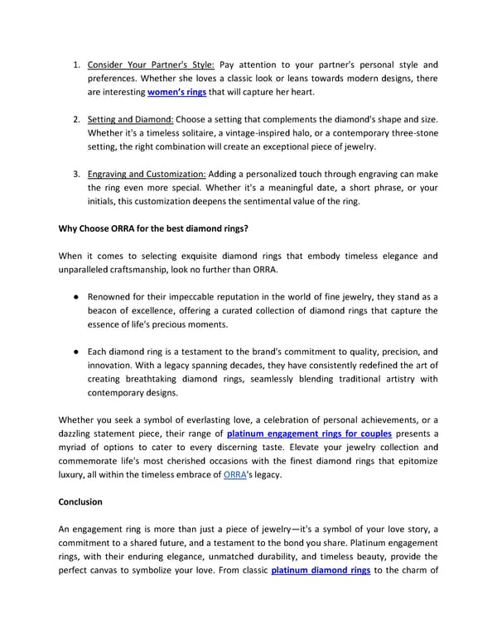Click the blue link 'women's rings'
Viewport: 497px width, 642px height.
pos(176,92)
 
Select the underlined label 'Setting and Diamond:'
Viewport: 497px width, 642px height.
pos(129,119)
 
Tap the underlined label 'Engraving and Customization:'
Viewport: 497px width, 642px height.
pos(147,175)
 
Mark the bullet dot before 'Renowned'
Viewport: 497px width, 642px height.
pos(75,296)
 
